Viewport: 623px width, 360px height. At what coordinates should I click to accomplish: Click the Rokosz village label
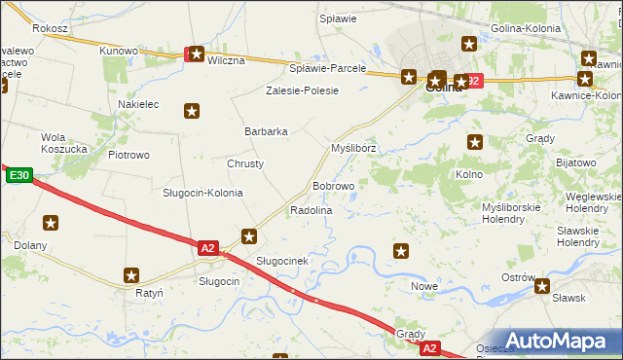(50, 29)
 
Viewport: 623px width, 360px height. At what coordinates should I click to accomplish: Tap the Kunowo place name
(119, 50)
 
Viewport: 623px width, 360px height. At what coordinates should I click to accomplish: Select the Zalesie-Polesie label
(303, 90)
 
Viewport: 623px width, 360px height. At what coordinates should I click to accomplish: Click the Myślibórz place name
(353, 148)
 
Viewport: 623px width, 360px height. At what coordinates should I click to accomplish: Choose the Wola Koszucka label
(64, 143)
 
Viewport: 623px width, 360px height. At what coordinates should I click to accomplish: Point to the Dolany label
(30, 245)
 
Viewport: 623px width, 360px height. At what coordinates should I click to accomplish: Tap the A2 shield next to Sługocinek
(207, 248)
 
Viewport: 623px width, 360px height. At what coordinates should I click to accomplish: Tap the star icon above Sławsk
(542, 286)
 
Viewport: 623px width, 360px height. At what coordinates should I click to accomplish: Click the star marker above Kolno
(475, 142)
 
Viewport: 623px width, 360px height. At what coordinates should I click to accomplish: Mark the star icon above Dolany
(51, 223)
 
